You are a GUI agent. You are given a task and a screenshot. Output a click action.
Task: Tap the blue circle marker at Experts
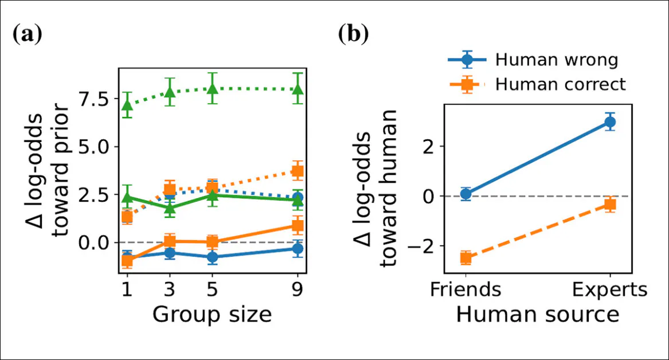610,122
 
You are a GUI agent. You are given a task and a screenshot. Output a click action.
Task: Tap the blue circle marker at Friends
466,194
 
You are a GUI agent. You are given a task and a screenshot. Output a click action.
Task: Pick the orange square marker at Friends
466,258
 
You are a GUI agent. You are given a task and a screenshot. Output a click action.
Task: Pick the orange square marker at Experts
610,204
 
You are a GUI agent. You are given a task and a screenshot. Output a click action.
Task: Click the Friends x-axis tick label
466,289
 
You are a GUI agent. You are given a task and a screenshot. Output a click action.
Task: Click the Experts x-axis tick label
610,289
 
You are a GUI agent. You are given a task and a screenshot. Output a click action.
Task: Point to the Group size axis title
212,315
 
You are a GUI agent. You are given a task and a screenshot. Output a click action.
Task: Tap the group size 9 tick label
298,289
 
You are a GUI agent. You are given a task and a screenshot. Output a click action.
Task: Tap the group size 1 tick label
127,289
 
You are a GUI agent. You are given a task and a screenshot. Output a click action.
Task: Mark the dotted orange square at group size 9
298,171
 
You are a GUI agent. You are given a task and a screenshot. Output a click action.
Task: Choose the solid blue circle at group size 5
212,257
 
